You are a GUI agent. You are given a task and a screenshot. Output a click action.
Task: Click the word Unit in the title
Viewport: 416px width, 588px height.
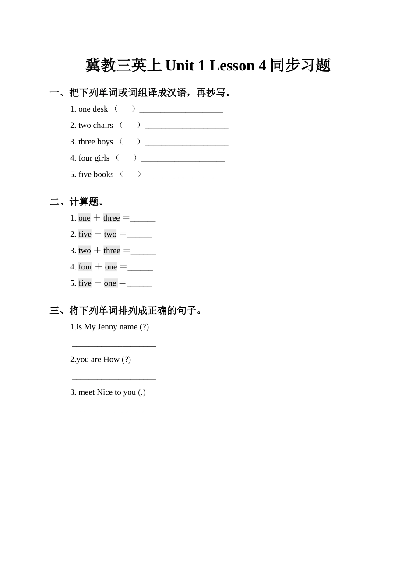tap(179, 66)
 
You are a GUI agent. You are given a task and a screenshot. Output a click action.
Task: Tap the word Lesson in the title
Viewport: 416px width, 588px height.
tap(232, 66)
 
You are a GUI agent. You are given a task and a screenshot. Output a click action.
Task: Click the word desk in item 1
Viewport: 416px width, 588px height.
tap(100, 109)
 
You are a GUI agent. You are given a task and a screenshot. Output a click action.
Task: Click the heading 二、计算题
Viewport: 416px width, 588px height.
tap(77, 202)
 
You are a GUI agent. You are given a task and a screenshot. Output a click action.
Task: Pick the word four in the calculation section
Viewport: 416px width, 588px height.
tap(85, 267)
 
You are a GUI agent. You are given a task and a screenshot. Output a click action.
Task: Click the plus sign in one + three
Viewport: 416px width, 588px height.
tap(97, 218)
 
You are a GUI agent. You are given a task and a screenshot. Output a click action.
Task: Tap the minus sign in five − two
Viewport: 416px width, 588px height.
tap(98, 234)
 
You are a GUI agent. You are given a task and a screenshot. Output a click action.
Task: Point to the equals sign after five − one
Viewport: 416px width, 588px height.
tap(122, 283)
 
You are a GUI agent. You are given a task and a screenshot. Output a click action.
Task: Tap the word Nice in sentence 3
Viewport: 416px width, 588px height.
tap(105, 392)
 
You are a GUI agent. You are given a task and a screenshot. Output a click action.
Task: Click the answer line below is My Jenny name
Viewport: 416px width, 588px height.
tap(114, 346)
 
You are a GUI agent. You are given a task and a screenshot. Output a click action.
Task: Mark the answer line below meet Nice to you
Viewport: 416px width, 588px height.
tap(114, 411)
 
